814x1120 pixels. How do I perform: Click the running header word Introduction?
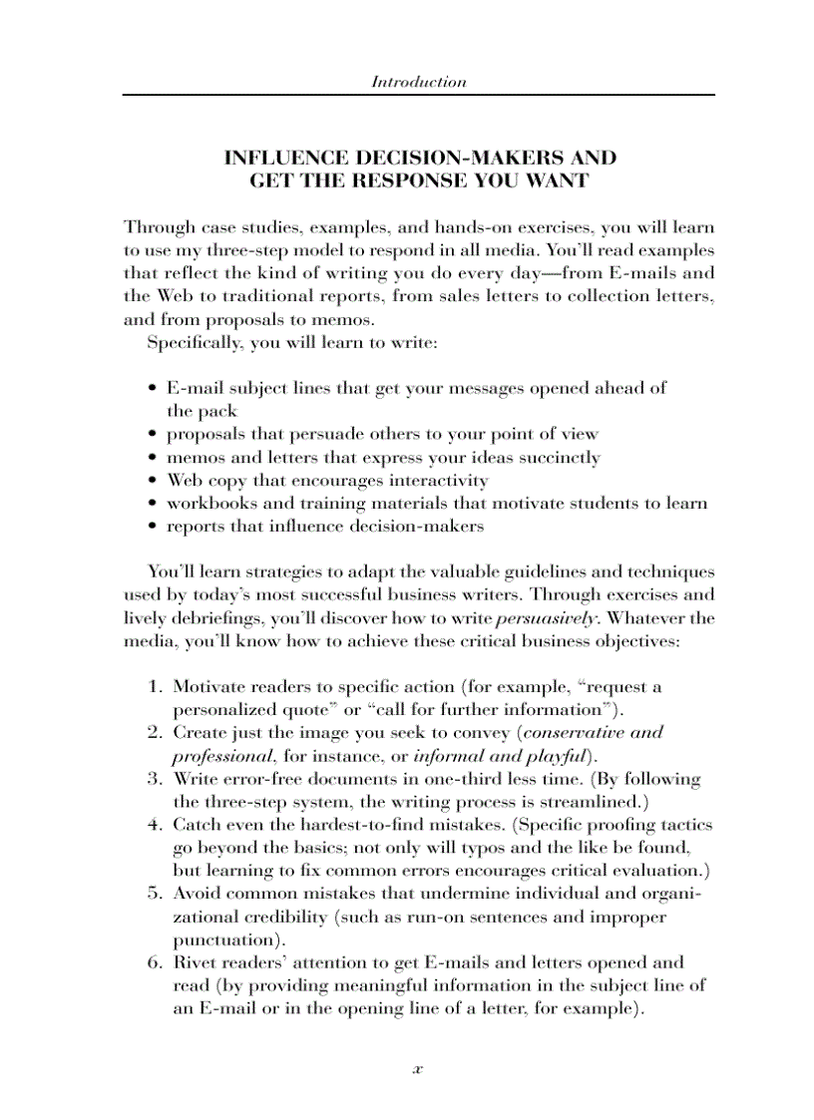(x=418, y=82)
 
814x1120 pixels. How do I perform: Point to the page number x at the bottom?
(x=418, y=1068)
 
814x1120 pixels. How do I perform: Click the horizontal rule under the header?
(x=418, y=95)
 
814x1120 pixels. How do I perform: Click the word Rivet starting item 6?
(x=198, y=962)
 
